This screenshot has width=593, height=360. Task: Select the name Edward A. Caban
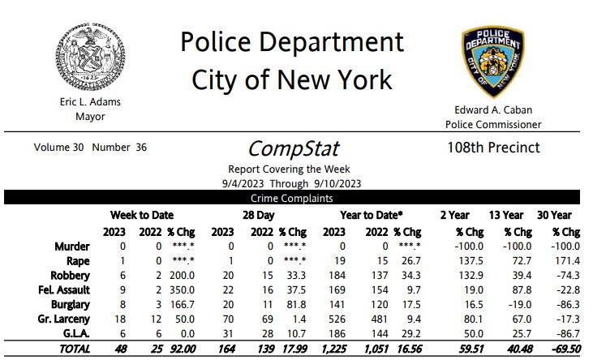[492, 111]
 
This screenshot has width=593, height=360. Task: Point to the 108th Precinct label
[493, 148]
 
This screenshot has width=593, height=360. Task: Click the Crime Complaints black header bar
[293, 198]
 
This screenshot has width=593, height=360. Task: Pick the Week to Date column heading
[143, 215]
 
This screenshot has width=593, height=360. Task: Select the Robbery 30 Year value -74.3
[566, 277]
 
